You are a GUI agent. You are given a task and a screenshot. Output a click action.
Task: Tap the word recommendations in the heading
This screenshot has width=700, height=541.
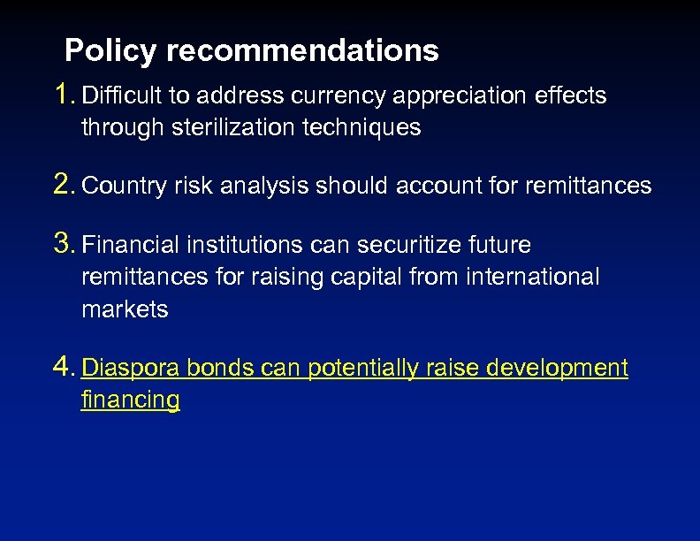302,51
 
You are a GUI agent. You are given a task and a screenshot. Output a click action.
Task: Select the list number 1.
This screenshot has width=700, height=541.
63,94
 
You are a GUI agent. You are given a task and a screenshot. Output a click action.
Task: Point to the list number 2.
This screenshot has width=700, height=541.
63,185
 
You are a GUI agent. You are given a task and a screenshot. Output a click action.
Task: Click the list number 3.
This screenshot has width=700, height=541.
63,243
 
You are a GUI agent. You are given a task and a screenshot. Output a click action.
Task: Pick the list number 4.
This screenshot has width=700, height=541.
63,366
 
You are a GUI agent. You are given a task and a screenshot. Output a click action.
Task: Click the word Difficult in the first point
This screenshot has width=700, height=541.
118,95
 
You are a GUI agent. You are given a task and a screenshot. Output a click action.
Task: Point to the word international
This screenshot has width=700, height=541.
536,277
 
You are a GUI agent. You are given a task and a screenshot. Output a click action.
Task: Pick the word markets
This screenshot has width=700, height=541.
125,309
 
